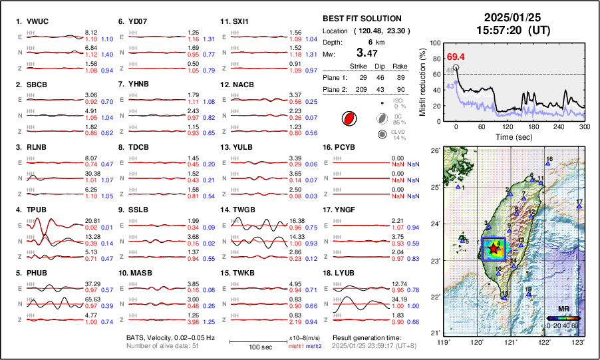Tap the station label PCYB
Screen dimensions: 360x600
pyautogui.click(x=346, y=147)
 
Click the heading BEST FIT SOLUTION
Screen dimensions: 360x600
pyautogui.click(x=362, y=19)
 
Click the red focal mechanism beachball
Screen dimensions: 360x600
pyautogui.click(x=348, y=119)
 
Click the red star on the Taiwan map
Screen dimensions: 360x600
pyautogui.click(x=493, y=249)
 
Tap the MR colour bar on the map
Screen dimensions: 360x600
pyautogui.click(x=563, y=318)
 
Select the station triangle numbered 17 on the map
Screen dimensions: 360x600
pyautogui.click(x=579, y=207)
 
